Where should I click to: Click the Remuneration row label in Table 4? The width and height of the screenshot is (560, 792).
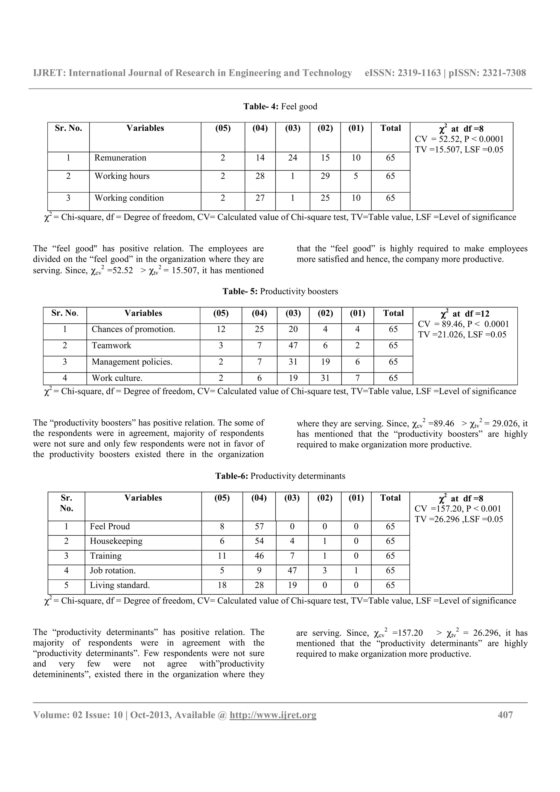click(120, 158)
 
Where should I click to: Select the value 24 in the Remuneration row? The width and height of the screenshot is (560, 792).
click(293, 158)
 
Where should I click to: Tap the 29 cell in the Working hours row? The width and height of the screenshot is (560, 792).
click(325, 176)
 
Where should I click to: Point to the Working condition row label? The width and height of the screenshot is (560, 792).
click(129, 198)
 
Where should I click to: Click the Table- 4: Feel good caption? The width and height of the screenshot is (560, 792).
click(280, 107)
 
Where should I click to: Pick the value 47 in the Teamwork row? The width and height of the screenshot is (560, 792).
click(293, 346)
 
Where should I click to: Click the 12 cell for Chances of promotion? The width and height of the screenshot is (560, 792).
click(221, 329)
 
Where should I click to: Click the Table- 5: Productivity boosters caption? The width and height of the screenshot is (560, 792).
click(280, 292)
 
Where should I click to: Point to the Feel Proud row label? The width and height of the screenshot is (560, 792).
click(110, 527)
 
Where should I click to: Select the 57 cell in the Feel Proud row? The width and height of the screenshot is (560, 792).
click(259, 527)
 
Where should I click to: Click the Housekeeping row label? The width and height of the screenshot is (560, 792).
click(116, 541)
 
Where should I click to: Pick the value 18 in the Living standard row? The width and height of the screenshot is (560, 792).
click(222, 585)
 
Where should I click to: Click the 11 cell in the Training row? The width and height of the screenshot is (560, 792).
click(222, 556)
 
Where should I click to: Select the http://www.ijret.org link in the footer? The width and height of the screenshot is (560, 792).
click(273, 715)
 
